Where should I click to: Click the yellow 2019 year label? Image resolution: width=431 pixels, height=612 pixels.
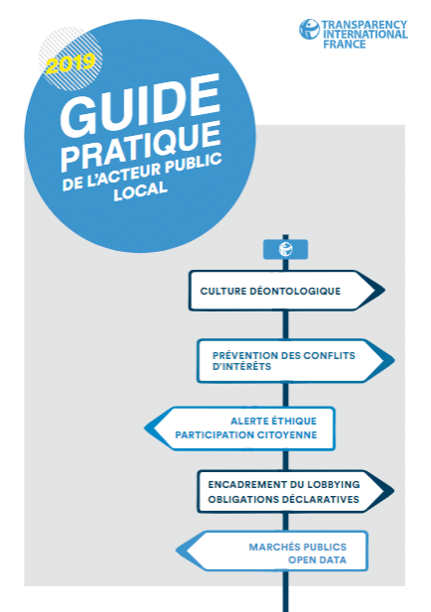pos(71,63)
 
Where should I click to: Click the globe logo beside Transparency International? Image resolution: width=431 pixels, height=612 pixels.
pos(310,30)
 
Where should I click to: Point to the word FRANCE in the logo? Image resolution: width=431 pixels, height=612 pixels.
pos(345,44)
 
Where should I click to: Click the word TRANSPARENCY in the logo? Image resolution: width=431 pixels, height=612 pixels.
pos(364,25)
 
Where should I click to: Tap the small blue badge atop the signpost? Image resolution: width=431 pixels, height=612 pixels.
pos(285,249)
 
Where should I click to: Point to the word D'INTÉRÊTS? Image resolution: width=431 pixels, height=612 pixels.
pos(241,366)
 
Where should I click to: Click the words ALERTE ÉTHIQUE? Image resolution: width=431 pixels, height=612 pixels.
pos(273,422)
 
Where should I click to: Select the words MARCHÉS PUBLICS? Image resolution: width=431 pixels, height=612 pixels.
pos(298,547)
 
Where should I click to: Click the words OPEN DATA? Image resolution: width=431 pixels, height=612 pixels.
pos(317,560)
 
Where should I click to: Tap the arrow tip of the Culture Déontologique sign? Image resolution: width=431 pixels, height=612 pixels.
pos(384,291)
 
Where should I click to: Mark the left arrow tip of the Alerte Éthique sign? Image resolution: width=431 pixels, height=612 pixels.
pos(145,428)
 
